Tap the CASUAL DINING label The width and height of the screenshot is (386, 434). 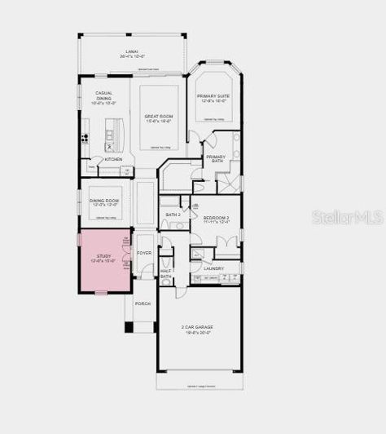tap(103, 97)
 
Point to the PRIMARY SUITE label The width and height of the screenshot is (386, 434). tap(214, 98)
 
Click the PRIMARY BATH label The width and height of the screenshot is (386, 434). tap(216, 158)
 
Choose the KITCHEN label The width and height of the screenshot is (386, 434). tap(113, 159)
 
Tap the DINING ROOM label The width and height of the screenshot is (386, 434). tap(104, 201)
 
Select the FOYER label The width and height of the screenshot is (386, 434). tap(144, 254)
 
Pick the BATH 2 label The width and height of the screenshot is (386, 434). tap(173, 215)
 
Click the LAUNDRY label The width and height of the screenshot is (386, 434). tap(214, 268)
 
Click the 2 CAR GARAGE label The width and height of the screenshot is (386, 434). tap(197, 329)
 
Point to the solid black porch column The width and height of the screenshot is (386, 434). tap(129, 327)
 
